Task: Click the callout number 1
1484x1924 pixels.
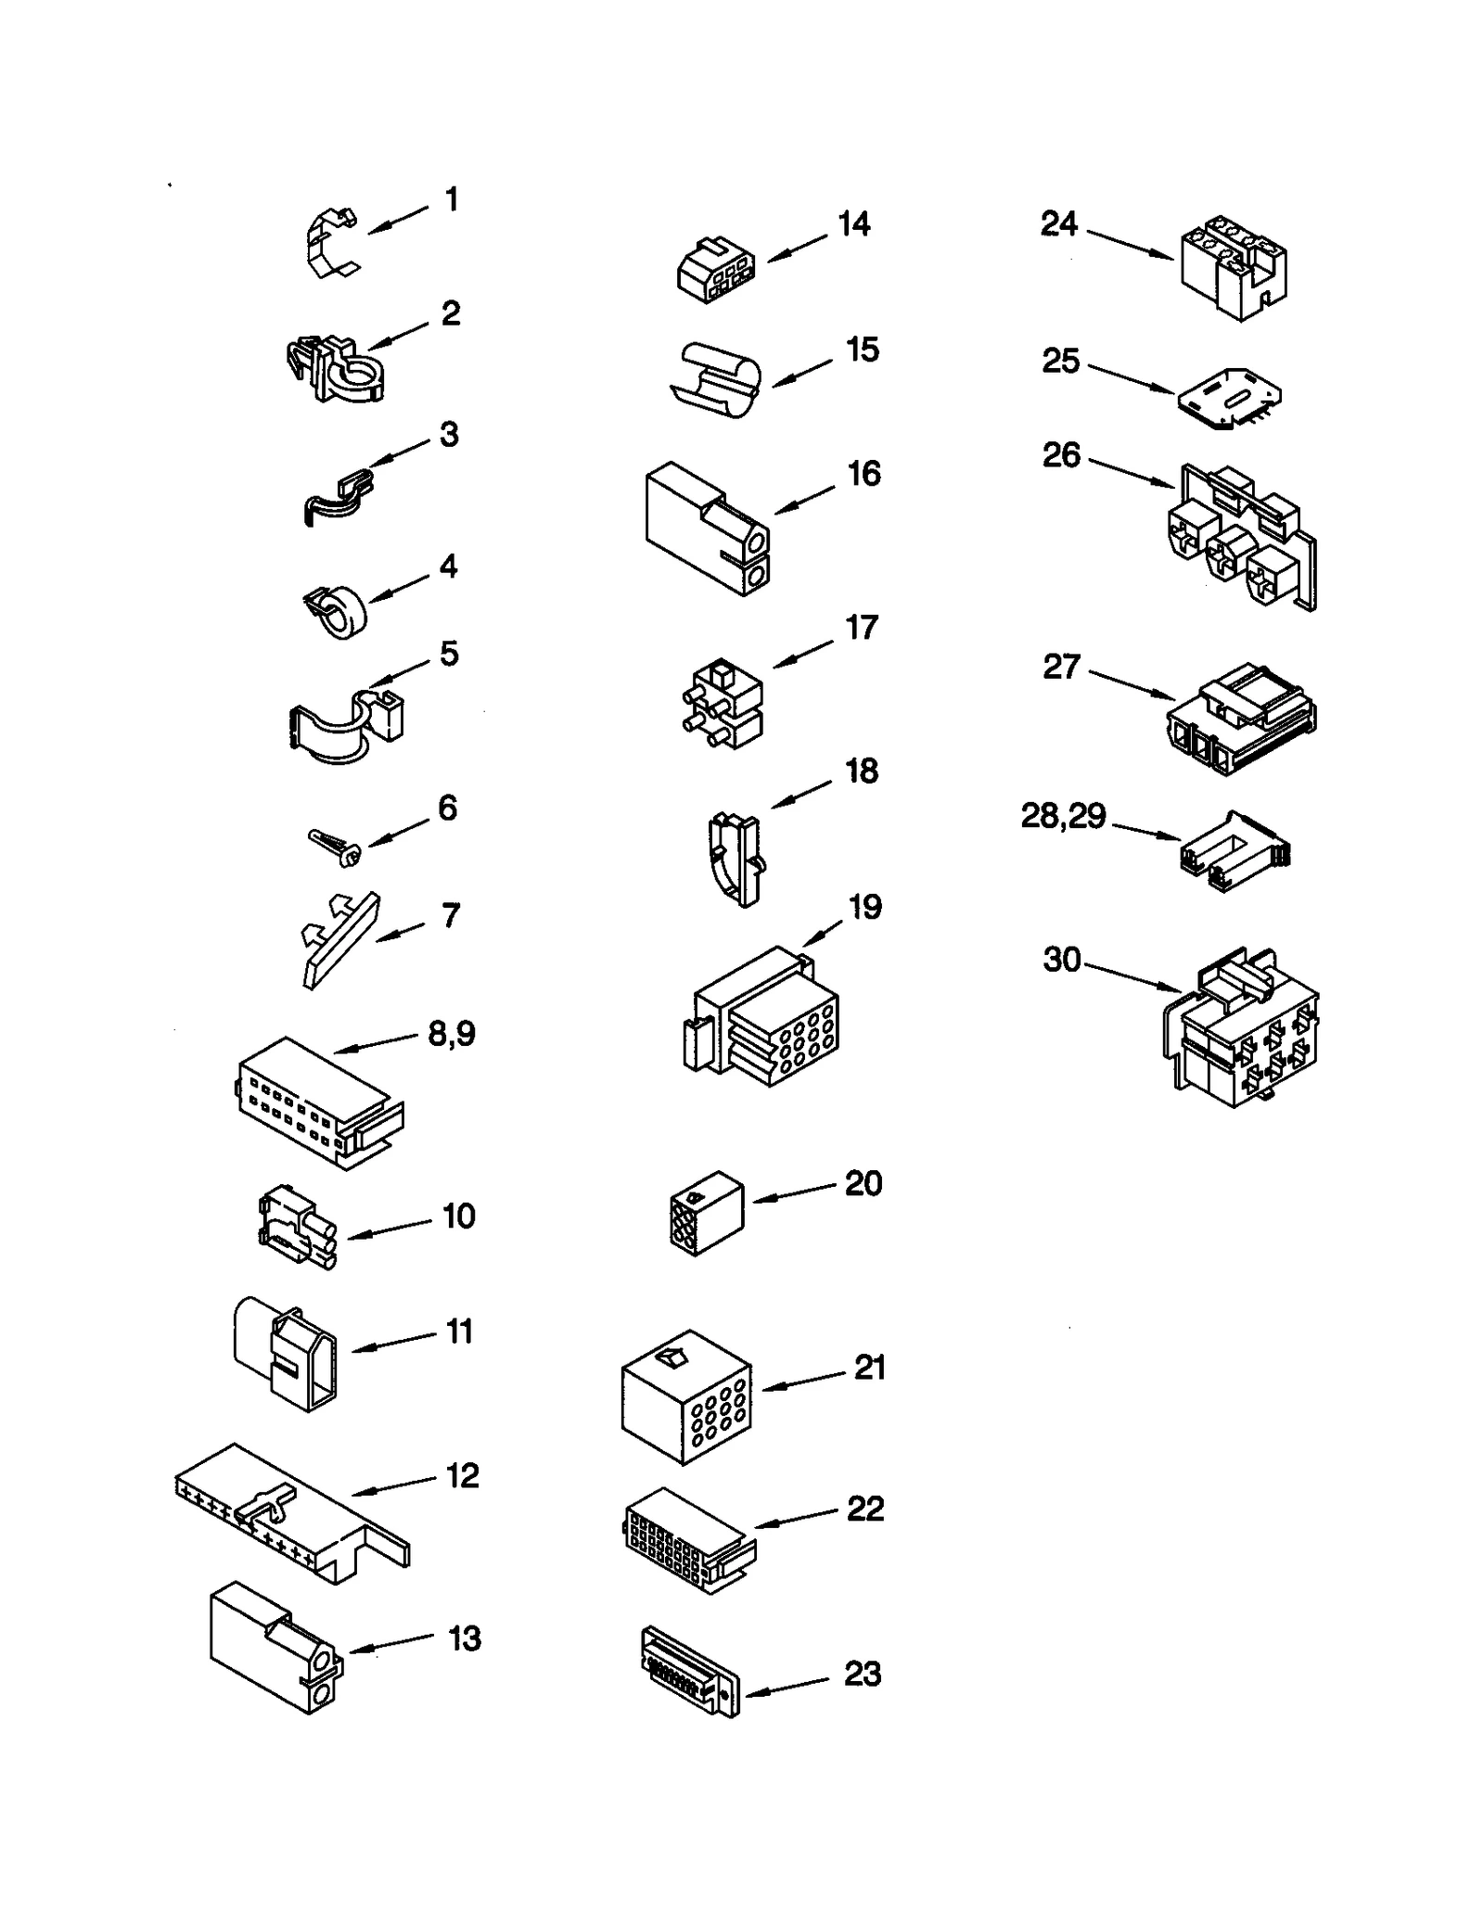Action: point(452,199)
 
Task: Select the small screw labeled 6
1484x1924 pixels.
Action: point(335,847)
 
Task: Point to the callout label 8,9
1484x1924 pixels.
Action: point(452,1032)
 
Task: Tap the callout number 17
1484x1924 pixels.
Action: point(862,628)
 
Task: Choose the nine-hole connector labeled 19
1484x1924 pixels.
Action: point(762,1017)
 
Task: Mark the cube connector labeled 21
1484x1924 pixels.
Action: point(685,1397)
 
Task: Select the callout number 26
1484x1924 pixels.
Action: point(1061,454)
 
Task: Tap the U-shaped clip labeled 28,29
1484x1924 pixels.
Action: point(1234,853)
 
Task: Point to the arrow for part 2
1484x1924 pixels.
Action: point(399,336)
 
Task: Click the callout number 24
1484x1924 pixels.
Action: point(1059,223)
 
